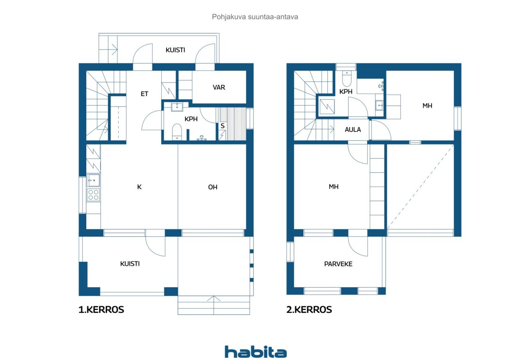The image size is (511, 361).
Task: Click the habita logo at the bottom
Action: tap(255, 352)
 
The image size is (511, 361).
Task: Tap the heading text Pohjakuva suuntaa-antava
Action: tap(255, 17)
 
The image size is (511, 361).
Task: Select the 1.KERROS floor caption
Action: tap(101, 310)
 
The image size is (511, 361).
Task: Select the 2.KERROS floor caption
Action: tap(309, 310)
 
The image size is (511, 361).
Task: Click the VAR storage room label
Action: tap(219, 87)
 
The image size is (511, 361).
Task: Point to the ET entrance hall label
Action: tap(145, 94)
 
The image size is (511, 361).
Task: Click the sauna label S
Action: tap(222, 126)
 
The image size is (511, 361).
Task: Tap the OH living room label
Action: tap(212, 187)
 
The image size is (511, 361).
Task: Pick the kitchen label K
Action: tap(139, 187)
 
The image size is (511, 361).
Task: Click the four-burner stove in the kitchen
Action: tap(93, 195)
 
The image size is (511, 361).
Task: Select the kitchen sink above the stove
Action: tap(93, 181)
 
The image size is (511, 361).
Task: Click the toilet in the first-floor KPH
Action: tap(177, 132)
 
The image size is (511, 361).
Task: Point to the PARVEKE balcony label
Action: tap(338, 264)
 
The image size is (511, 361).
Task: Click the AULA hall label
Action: tap(353, 130)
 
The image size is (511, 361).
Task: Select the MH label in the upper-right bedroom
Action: tap(427, 106)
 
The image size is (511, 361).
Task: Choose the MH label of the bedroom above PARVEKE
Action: tap(334, 187)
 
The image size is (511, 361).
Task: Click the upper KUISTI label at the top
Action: tap(175, 50)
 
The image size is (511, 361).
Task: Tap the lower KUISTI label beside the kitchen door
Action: tap(130, 264)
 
